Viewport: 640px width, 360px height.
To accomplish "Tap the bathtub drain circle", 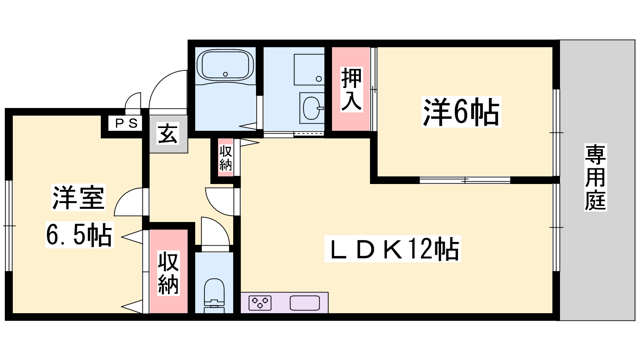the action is tap(226, 74).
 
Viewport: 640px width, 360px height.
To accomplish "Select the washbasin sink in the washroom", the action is tap(312, 108).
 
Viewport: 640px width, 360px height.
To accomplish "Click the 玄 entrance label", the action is tap(168, 134).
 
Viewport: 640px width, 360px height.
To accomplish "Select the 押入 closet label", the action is tap(352, 90).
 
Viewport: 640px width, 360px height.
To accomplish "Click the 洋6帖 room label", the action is tap(461, 112).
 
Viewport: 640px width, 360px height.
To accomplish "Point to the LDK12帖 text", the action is tap(392, 248).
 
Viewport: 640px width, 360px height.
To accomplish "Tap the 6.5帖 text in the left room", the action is tap(80, 234).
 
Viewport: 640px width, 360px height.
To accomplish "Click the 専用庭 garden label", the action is tap(595, 177).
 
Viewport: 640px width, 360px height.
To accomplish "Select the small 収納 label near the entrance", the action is tap(226, 158).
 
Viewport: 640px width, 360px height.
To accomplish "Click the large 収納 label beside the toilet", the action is tap(168, 273).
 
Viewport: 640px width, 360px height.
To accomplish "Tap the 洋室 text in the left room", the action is tap(78, 197).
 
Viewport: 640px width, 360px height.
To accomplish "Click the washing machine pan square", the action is tap(309, 70).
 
